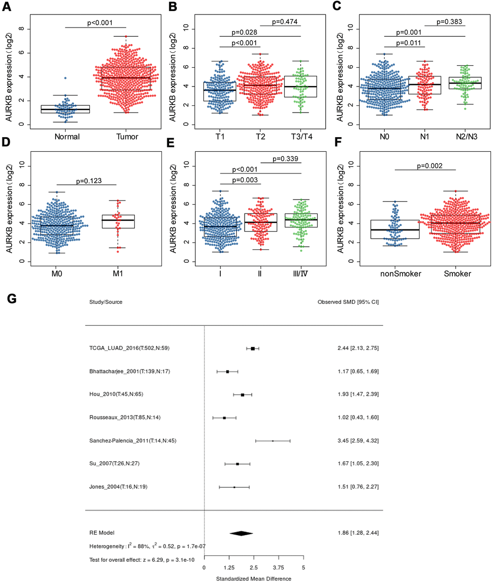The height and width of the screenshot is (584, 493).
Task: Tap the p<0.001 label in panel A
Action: tap(99, 22)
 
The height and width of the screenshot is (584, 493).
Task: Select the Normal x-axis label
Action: tap(67, 137)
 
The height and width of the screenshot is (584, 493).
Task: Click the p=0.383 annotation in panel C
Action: tap(449, 21)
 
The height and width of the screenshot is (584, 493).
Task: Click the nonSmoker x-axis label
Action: tap(401, 274)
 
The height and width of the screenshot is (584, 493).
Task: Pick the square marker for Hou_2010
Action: tap(243, 395)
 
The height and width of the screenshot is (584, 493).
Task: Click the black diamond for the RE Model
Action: tap(241, 533)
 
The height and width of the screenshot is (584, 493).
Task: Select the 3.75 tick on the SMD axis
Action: tap(278, 568)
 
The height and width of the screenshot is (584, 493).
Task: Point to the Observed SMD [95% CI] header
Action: tap(348, 302)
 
